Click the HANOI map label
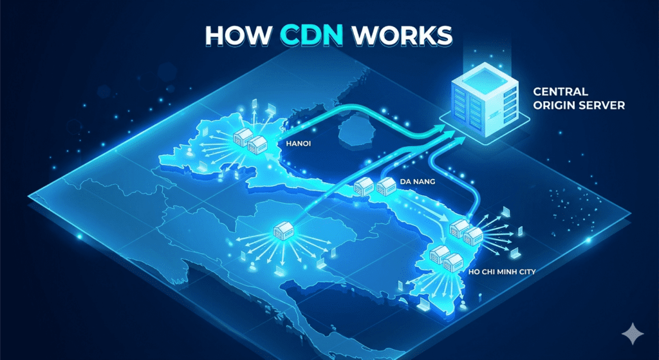297,144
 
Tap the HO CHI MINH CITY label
502,272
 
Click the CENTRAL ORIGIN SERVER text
579,98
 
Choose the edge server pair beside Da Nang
373,186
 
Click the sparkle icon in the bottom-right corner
633,334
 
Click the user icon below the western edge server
252,265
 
